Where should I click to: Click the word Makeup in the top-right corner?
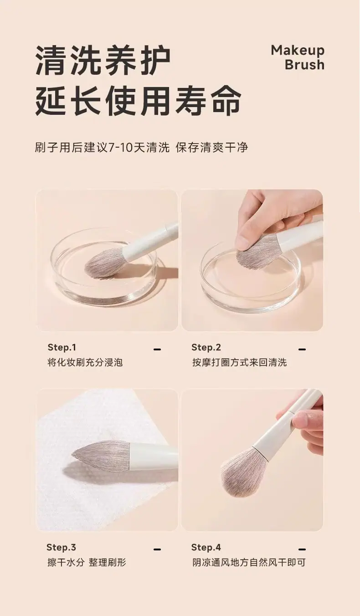(298, 51)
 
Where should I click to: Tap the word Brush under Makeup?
(304, 65)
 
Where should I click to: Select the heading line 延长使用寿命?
(139, 100)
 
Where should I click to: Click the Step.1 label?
(62, 347)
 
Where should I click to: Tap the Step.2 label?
(206, 348)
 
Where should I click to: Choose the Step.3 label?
(61, 547)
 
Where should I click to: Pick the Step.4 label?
(206, 548)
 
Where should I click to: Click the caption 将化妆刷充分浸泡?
(85, 363)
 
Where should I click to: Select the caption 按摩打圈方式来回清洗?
(240, 363)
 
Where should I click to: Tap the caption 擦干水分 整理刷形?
(87, 563)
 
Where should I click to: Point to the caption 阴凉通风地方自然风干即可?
(249, 563)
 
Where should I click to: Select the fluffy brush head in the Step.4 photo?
(243, 468)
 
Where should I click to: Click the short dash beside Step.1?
(157, 349)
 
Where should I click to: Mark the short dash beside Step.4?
(302, 549)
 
